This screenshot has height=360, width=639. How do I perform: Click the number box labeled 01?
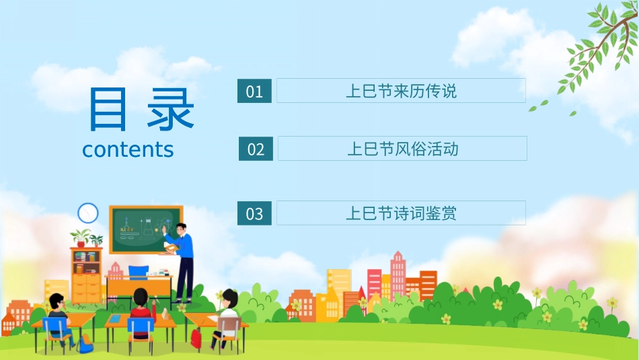click(254, 91)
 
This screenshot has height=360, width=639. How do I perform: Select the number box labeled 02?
click(256, 149)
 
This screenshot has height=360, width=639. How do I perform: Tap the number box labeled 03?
click(254, 213)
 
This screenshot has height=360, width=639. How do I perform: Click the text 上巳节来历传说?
click(401, 91)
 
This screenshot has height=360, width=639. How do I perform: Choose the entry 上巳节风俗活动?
click(402, 149)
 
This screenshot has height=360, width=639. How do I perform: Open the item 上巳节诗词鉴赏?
click(401, 213)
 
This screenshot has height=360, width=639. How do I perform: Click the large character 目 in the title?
click(108, 110)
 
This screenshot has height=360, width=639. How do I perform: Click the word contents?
click(128, 149)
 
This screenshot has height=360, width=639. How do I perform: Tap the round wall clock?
click(88, 213)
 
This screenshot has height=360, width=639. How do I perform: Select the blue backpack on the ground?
click(84, 345)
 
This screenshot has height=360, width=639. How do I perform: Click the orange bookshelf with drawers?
click(87, 276)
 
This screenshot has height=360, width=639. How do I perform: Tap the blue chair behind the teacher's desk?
click(138, 272)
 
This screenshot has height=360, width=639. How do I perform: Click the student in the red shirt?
click(141, 310)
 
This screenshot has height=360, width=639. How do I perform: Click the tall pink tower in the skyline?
click(398, 273)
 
